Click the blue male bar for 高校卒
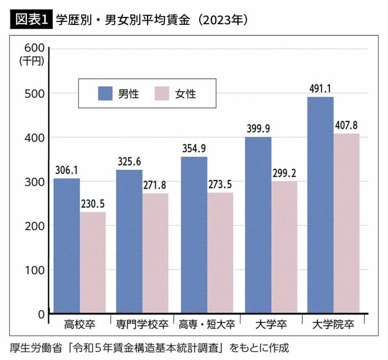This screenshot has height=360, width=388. pyautogui.click(x=67, y=245)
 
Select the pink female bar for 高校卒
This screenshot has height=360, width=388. pyautogui.click(x=93, y=263)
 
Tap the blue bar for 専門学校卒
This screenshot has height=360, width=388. pyautogui.click(x=129, y=241)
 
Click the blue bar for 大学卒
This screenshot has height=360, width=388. pyautogui.click(x=258, y=225)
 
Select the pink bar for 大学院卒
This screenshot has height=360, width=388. pyautogui.click(x=346, y=223)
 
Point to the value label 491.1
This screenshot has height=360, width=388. pyautogui.click(x=320, y=89)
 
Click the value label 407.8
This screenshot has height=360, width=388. pyautogui.click(x=347, y=125)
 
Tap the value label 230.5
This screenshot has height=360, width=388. pyautogui.click(x=93, y=203)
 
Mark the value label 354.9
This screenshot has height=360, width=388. pyautogui.click(x=194, y=148)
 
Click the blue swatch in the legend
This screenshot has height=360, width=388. pyautogui.click(x=106, y=94)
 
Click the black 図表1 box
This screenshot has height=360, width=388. pyautogui.click(x=30, y=19)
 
